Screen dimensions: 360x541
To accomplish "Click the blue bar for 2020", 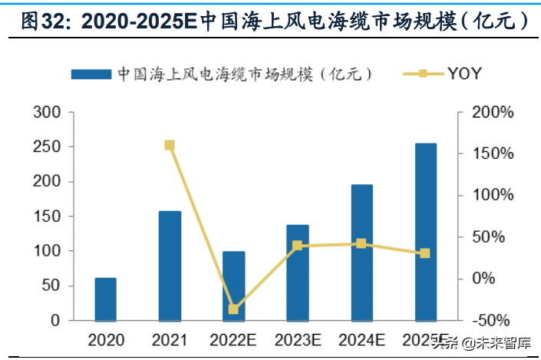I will (x=106, y=299).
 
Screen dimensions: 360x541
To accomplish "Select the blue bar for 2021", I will (x=170, y=266).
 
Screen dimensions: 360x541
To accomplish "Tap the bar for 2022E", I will (x=234, y=286).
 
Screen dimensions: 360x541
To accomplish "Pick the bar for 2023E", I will (x=298, y=272).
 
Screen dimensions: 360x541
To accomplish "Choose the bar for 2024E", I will (x=361, y=253).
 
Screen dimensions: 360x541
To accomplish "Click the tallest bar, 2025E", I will (x=426, y=232).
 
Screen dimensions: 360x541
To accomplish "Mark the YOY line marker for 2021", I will (x=170, y=145).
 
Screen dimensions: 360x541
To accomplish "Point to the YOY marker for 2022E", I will (x=234, y=309).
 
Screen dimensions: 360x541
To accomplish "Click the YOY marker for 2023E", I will (x=298, y=246).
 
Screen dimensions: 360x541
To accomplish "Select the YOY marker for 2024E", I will (x=361, y=243).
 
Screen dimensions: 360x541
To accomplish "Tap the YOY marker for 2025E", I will (x=426, y=253).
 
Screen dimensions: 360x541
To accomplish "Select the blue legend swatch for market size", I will (x=91, y=74).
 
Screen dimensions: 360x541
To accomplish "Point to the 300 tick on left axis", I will (x=48, y=113).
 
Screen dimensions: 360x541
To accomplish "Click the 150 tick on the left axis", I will (x=48, y=216).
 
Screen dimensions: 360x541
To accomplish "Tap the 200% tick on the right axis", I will (x=491, y=113).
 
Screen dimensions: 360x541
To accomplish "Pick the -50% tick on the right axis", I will (x=491, y=320).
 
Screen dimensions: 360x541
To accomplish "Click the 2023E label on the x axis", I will (x=298, y=339).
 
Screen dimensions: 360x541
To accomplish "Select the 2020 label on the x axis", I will (x=105, y=339).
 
